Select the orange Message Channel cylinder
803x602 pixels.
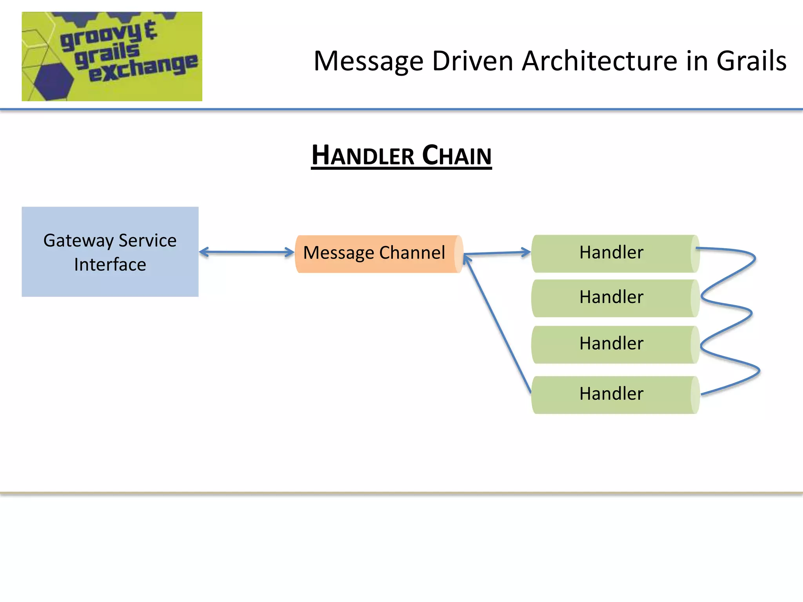(374, 254)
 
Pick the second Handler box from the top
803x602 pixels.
(612, 297)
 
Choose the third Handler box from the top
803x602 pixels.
(612, 344)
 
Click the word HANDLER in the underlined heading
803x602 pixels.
(363, 155)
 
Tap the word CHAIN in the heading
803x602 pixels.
(457, 155)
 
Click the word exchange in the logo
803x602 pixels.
(143, 68)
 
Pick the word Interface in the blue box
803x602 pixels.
(110, 265)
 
